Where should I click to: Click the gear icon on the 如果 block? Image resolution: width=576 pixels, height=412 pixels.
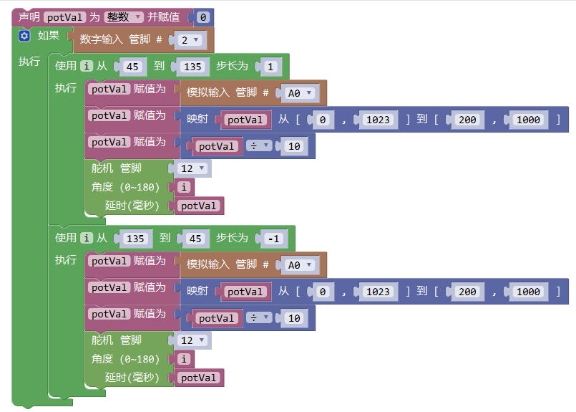coord(24,36)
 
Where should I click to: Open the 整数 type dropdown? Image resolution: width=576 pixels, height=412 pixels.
coord(124,17)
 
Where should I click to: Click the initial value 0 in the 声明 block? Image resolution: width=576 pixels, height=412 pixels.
coord(202,17)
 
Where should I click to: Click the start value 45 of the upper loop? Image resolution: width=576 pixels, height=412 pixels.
coord(132,67)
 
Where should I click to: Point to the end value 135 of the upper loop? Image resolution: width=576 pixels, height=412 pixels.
coord(191,67)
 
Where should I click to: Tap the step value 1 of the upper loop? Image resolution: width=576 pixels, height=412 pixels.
coord(270,67)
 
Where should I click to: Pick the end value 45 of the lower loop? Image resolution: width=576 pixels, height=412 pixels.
coord(194,239)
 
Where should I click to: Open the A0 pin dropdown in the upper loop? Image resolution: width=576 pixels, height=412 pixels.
coord(299,93)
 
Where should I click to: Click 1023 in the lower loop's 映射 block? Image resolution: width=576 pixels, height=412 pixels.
coord(378,292)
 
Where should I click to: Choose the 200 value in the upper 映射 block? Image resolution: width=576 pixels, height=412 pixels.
coord(467,120)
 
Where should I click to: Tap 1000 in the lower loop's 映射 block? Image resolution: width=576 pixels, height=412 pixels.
coord(528,292)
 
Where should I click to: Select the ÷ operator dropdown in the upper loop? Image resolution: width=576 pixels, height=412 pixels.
coord(258,146)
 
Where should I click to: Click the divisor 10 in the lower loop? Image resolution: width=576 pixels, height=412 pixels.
coord(293,318)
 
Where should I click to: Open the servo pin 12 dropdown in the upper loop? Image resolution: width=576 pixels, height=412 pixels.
coord(192,168)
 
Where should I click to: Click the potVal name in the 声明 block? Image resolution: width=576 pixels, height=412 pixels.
coord(65,17)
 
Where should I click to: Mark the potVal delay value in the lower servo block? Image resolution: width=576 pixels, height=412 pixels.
coord(199,378)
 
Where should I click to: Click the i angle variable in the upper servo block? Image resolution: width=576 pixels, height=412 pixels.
coord(185,187)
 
